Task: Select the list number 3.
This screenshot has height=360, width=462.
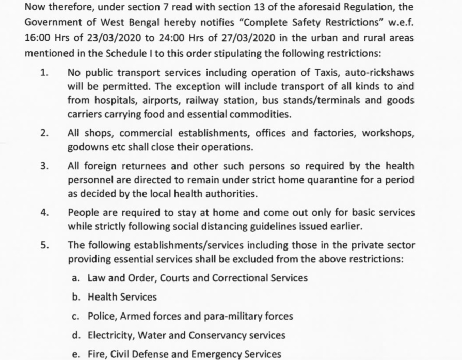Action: [x=44, y=167]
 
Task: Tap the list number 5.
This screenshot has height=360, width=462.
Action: [x=44, y=244]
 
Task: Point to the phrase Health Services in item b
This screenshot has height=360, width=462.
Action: [x=122, y=297]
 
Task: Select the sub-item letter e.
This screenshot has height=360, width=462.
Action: [x=75, y=354]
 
